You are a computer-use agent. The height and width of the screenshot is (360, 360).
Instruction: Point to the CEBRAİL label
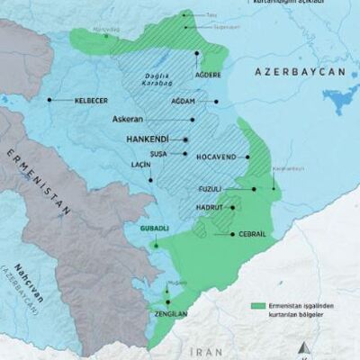click(252, 233)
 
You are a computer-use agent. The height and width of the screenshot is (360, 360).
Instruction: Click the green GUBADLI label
click(156, 229)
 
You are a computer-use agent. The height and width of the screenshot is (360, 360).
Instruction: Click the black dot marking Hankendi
click(185, 141)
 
